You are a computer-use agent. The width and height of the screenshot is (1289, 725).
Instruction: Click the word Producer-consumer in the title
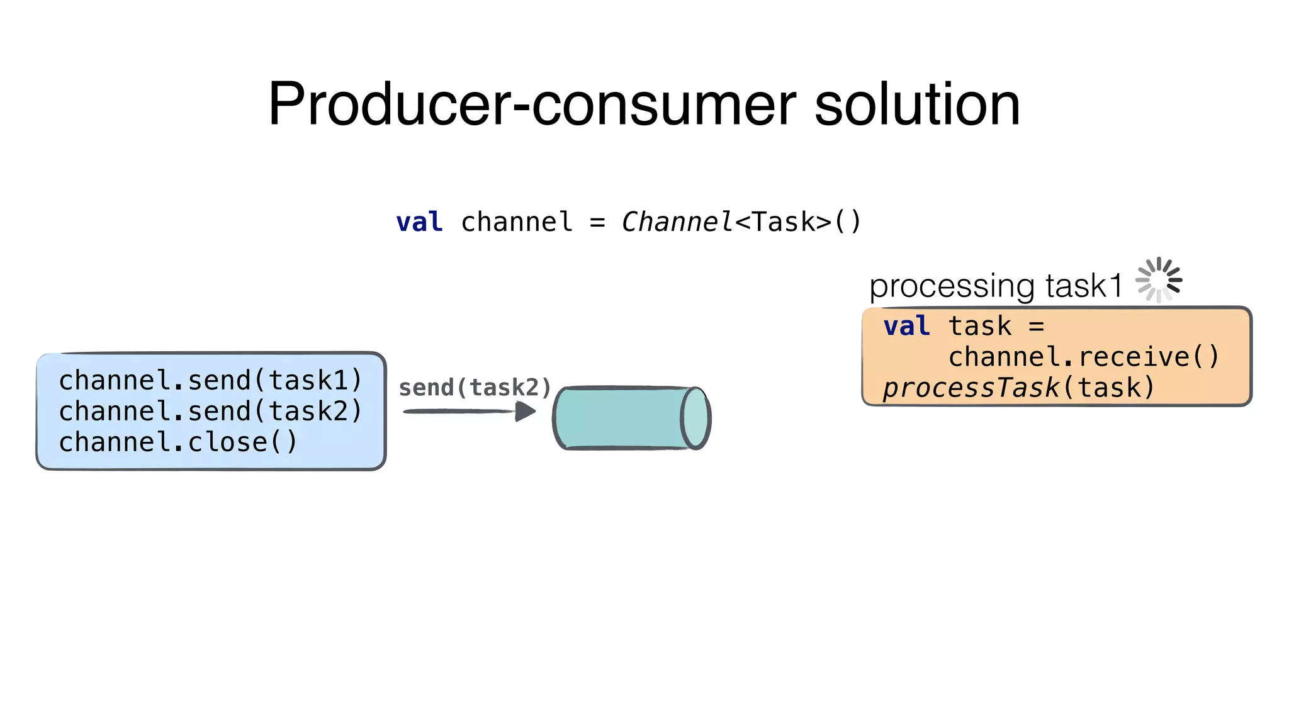pos(532,104)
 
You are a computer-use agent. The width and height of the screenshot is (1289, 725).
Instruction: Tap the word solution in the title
pos(917,104)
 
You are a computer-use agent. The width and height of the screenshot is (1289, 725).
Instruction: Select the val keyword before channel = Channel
pos(419,222)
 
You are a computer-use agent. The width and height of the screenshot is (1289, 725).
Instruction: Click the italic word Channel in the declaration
pos(677,222)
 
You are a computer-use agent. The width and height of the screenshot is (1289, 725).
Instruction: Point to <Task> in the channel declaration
pos(783,222)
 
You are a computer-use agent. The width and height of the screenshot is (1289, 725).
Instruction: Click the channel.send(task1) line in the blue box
pos(210,380)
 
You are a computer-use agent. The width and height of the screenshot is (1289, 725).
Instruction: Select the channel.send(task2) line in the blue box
pos(210,411)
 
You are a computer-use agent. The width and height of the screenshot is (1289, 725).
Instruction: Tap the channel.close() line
pos(177,442)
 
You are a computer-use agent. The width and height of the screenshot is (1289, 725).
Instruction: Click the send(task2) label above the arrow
pos(475,388)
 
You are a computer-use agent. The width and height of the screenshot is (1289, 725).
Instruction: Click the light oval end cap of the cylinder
pos(695,418)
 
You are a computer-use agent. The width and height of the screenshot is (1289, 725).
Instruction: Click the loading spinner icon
pos(1159,280)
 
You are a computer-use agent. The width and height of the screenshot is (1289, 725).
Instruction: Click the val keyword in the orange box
pos(906,326)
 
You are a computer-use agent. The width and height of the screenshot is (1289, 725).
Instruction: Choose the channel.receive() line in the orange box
pos(1084,357)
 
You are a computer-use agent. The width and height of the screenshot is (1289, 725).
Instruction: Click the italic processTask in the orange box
pos(971,388)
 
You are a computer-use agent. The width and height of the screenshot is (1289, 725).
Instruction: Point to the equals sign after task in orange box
pos(1037,326)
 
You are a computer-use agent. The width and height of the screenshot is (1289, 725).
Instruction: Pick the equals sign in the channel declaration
pos(597,222)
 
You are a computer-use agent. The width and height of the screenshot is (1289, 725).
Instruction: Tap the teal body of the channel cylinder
pos(620,418)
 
